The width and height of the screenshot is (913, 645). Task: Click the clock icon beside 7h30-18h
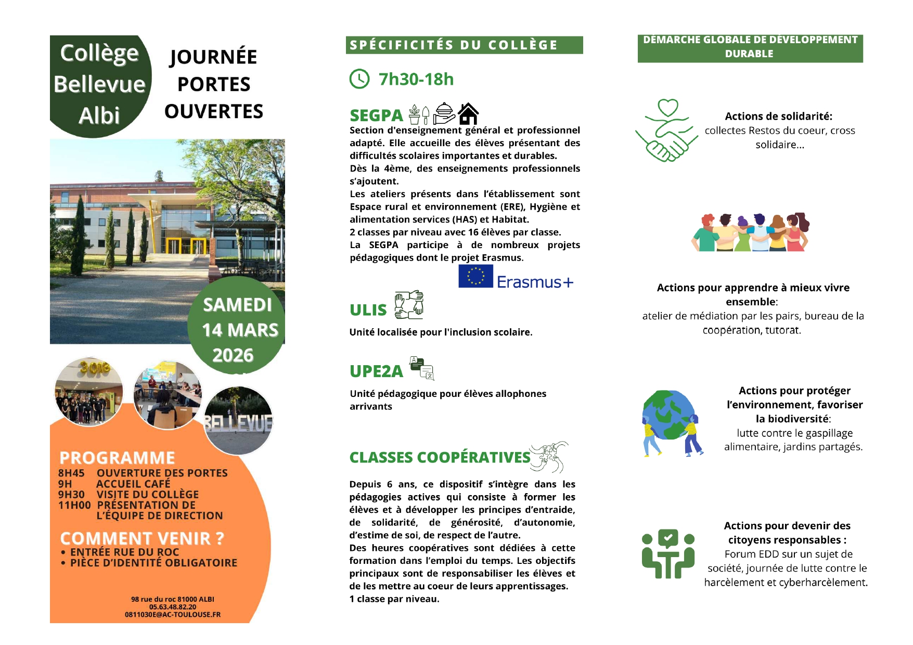(x=359, y=79)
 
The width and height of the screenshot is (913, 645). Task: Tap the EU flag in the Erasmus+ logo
(x=475, y=276)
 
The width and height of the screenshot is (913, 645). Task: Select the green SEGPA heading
(x=376, y=115)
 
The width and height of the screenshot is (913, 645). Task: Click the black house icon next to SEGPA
(x=468, y=113)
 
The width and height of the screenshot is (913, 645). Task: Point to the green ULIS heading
(x=368, y=310)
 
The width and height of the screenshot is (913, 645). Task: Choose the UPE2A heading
(x=376, y=371)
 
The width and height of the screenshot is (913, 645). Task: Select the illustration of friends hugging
(x=750, y=232)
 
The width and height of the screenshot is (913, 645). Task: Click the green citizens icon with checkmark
(x=668, y=553)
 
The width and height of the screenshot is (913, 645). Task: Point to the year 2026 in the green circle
(x=233, y=355)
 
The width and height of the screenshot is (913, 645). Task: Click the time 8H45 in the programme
(x=71, y=473)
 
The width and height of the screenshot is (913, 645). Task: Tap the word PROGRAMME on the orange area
(x=117, y=458)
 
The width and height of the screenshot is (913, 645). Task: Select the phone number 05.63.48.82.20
(x=173, y=607)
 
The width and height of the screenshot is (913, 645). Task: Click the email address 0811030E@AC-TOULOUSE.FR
(x=173, y=615)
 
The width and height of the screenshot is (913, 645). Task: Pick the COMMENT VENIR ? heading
(x=142, y=538)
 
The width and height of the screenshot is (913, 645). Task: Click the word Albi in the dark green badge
(x=99, y=115)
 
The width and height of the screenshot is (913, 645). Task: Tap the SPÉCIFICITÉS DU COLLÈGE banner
(x=464, y=45)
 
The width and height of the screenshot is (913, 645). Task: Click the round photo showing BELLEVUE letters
(x=238, y=420)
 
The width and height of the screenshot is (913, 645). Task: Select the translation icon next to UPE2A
(x=422, y=368)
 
